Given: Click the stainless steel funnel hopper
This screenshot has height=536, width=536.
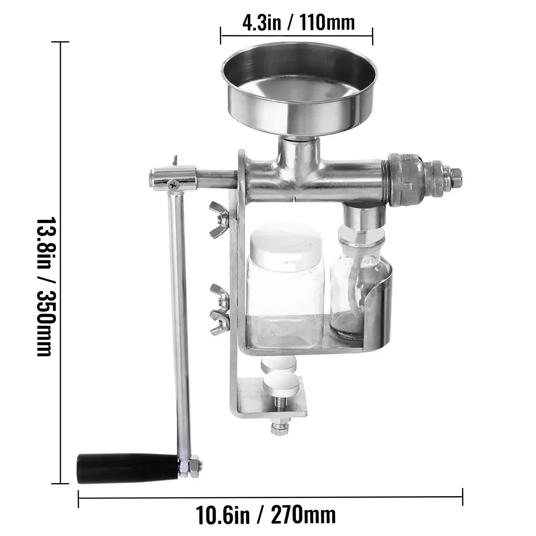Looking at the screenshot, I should pos(300,87).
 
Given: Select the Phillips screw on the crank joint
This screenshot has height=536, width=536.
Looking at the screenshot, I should pos(174,183).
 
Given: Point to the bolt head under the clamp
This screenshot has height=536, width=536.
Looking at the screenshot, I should pos(279,429).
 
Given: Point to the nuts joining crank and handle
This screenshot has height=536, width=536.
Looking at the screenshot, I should pos(192,466).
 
